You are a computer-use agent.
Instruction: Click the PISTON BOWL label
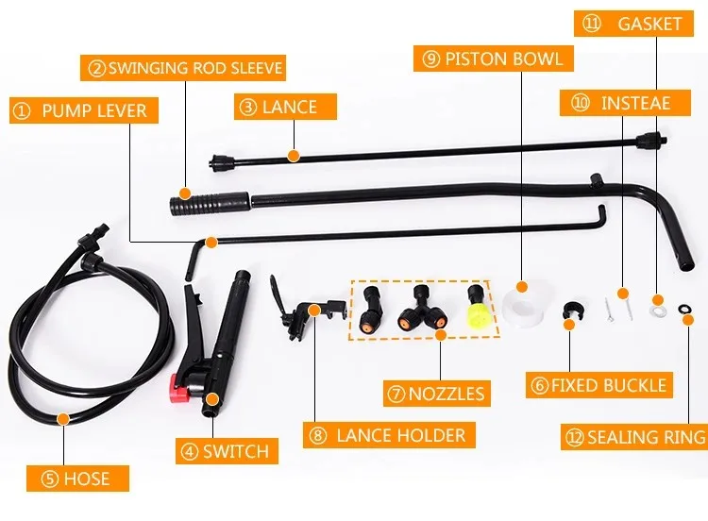[x=494, y=59]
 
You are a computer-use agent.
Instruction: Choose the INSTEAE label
[x=622, y=102]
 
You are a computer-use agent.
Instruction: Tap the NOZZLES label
[x=436, y=393]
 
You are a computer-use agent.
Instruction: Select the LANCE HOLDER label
[x=389, y=435]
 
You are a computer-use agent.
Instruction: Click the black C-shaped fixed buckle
[x=570, y=311]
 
